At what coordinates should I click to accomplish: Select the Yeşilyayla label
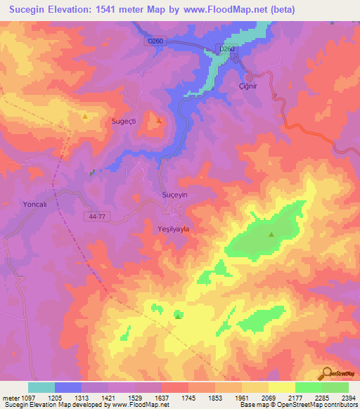pos(172,228)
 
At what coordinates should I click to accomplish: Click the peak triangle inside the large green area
pos(271,235)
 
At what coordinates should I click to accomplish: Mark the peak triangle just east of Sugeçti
pos(159,119)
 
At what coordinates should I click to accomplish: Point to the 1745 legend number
pos(189,397)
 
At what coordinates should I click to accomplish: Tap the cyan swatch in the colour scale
pos(41,387)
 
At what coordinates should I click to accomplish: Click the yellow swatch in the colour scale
pos(282,387)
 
